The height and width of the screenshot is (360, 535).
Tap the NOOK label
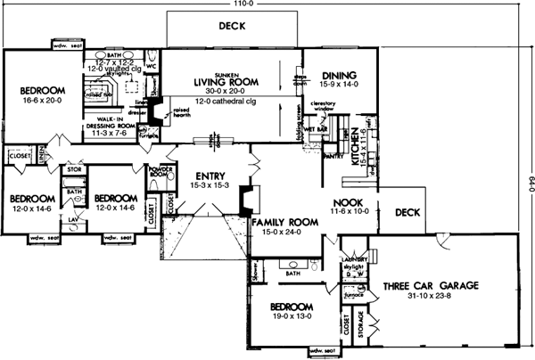pyautogui.click(x=346, y=202)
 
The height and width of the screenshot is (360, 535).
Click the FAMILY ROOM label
pyautogui.click(x=284, y=221)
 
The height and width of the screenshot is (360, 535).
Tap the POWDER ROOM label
pyautogui.click(x=160, y=168)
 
